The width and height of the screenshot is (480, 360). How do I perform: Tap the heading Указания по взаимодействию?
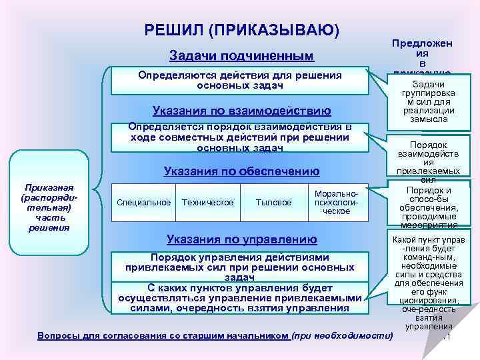click(241, 110)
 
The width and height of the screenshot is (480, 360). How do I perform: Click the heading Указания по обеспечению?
click(241, 171)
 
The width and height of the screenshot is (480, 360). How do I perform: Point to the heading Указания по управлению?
click(241, 239)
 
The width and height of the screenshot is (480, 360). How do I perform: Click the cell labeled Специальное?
click(143, 202)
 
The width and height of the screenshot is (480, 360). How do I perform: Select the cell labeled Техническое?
click(207, 202)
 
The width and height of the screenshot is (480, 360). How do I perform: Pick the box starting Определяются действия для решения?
click(239, 81)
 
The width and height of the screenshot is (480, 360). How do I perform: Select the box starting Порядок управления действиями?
click(239, 267)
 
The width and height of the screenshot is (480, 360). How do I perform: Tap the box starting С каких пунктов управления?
click(239, 297)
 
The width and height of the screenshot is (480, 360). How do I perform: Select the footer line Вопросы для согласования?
click(163, 335)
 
